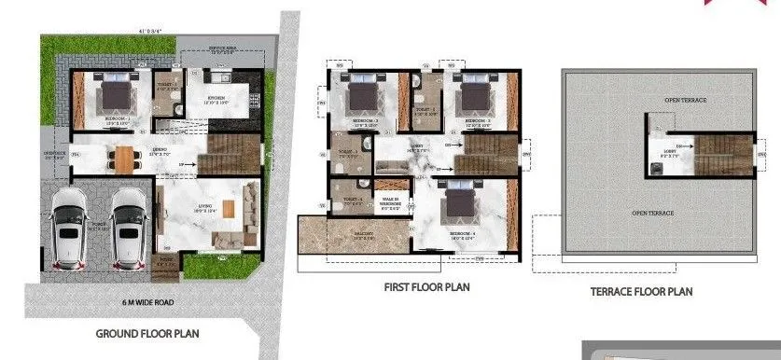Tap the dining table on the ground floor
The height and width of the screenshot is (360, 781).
(x=124, y=156)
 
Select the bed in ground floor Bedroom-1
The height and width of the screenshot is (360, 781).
(x=114, y=94)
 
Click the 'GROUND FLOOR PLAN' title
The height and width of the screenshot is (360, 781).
(x=148, y=333)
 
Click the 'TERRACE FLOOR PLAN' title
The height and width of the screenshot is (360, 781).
(x=641, y=291)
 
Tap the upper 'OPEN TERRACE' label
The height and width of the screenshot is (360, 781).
(x=659, y=99)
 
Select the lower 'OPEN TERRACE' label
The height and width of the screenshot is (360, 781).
(x=652, y=214)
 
